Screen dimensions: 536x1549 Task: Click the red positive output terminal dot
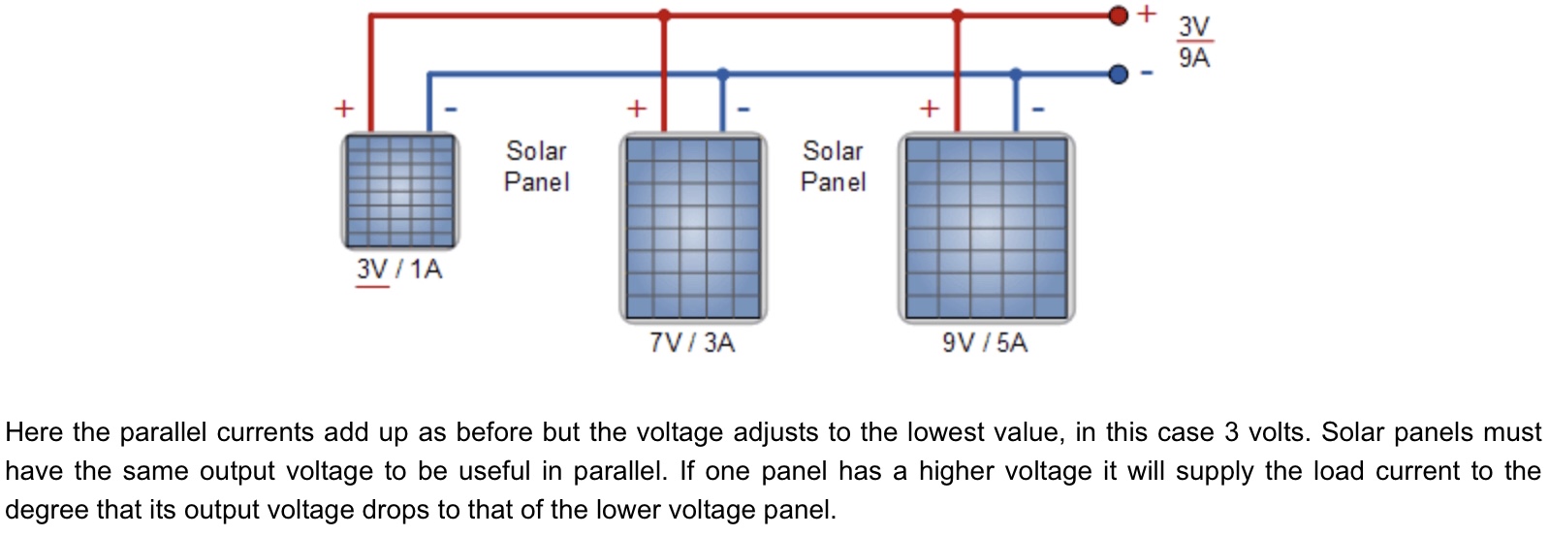point(1118,16)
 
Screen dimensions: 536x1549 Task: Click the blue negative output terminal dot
point(1118,74)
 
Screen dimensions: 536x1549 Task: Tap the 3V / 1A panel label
point(398,268)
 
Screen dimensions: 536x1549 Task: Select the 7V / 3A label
point(692,342)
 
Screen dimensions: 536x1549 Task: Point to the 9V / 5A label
point(985,342)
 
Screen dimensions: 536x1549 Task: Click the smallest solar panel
point(399,191)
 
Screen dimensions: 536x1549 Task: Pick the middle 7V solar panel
point(692,229)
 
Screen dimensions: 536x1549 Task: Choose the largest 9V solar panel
point(986,229)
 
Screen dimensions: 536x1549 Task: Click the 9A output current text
point(1194,58)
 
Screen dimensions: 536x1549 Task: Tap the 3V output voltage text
point(1194,27)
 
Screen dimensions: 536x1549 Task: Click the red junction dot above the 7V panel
point(664,16)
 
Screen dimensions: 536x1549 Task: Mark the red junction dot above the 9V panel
point(958,16)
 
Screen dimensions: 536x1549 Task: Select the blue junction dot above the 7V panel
point(722,74)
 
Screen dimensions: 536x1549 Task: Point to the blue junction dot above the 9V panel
point(1016,74)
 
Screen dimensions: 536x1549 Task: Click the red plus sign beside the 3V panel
point(344,108)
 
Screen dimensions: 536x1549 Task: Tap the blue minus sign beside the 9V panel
point(1038,109)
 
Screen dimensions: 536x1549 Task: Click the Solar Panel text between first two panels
point(536,166)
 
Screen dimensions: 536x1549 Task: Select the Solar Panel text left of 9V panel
point(833,166)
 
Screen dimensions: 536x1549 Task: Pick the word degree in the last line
point(47,510)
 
